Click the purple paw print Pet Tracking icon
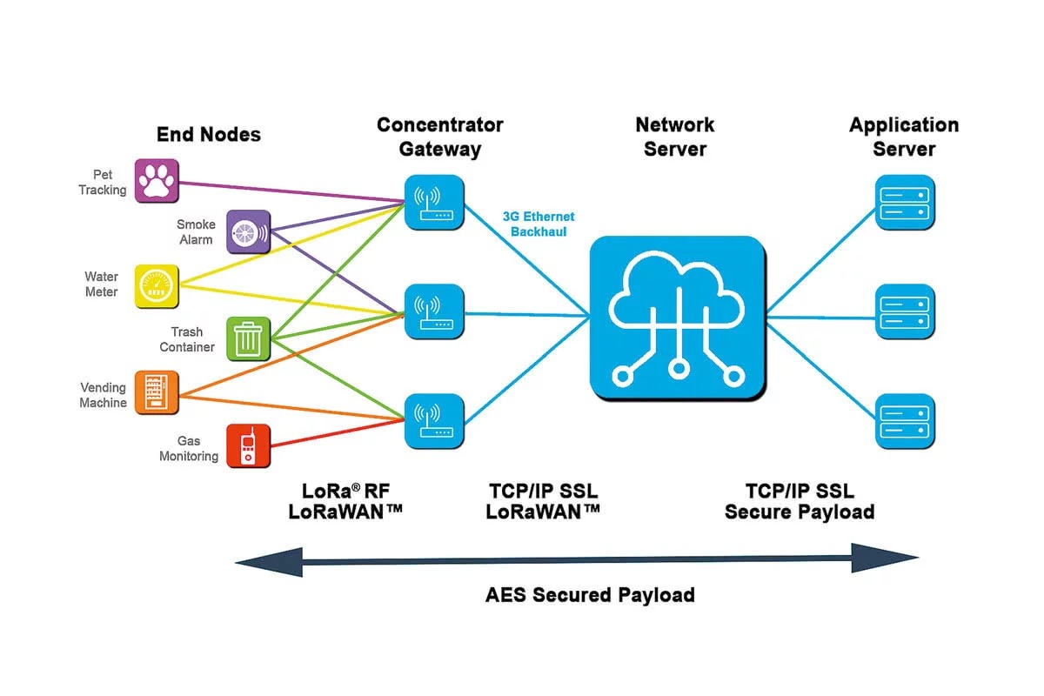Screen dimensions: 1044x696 pyautogui.click(x=157, y=181)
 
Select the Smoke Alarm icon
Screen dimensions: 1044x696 pyautogui.click(x=249, y=231)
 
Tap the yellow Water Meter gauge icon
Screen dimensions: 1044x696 pyautogui.click(x=157, y=286)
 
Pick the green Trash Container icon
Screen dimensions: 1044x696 pyautogui.click(x=249, y=339)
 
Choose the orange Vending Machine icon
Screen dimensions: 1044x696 pyautogui.click(x=157, y=392)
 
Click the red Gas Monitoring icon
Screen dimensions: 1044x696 pyautogui.click(x=249, y=445)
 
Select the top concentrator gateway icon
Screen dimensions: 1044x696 pyautogui.click(x=434, y=203)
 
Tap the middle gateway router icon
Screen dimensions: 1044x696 pyautogui.click(x=434, y=311)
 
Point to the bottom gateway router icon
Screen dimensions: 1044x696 pyautogui.click(x=434, y=421)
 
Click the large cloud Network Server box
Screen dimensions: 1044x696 pyautogui.click(x=678, y=318)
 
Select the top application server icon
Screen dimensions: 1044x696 pyautogui.click(x=905, y=203)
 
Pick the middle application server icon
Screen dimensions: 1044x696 pyautogui.click(x=905, y=311)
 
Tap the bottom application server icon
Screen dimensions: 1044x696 pyautogui.click(x=905, y=421)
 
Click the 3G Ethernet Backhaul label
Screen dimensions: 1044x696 pyautogui.click(x=539, y=224)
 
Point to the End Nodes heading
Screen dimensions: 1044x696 pyautogui.click(x=208, y=135)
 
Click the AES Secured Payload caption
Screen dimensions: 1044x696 pyautogui.click(x=590, y=595)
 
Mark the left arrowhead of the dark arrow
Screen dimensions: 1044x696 pyautogui.click(x=269, y=563)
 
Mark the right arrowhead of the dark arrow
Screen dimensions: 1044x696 pyautogui.click(x=885, y=558)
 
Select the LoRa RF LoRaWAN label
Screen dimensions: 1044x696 pyautogui.click(x=345, y=502)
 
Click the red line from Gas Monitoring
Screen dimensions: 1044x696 pyautogui.click(x=338, y=433)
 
